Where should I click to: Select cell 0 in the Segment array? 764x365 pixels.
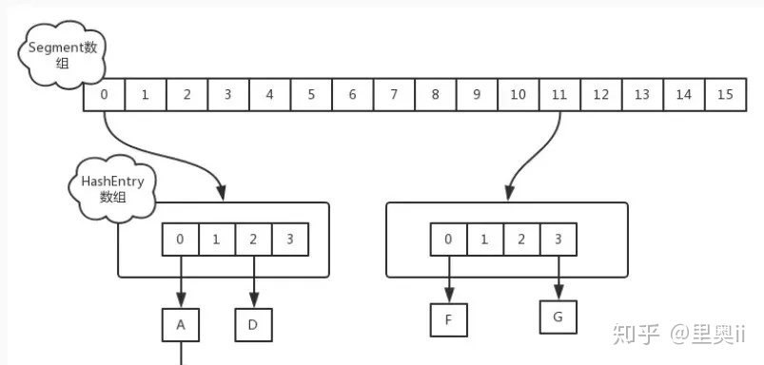(x=104, y=95)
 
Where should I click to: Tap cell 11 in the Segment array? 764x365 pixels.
(x=558, y=95)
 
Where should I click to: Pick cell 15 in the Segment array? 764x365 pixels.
(x=725, y=95)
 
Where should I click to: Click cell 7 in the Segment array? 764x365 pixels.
(x=393, y=95)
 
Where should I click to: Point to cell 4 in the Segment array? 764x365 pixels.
(x=269, y=95)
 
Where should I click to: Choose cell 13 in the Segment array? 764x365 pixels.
(x=642, y=95)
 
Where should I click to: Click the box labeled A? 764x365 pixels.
(x=180, y=325)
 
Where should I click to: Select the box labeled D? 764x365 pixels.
(x=254, y=325)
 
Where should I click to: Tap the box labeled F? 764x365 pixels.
(x=448, y=320)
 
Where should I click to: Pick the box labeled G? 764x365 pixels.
(x=558, y=315)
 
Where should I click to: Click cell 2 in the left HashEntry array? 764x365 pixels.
(x=253, y=240)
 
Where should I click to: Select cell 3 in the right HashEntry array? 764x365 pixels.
(x=558, y=240)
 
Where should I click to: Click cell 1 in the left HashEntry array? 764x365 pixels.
(x=217, y=240)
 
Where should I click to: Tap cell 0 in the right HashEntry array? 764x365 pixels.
(x=448, y=240)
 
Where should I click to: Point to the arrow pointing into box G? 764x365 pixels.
(x=558, y=278)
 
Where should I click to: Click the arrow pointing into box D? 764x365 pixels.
(x=254, y=282)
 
